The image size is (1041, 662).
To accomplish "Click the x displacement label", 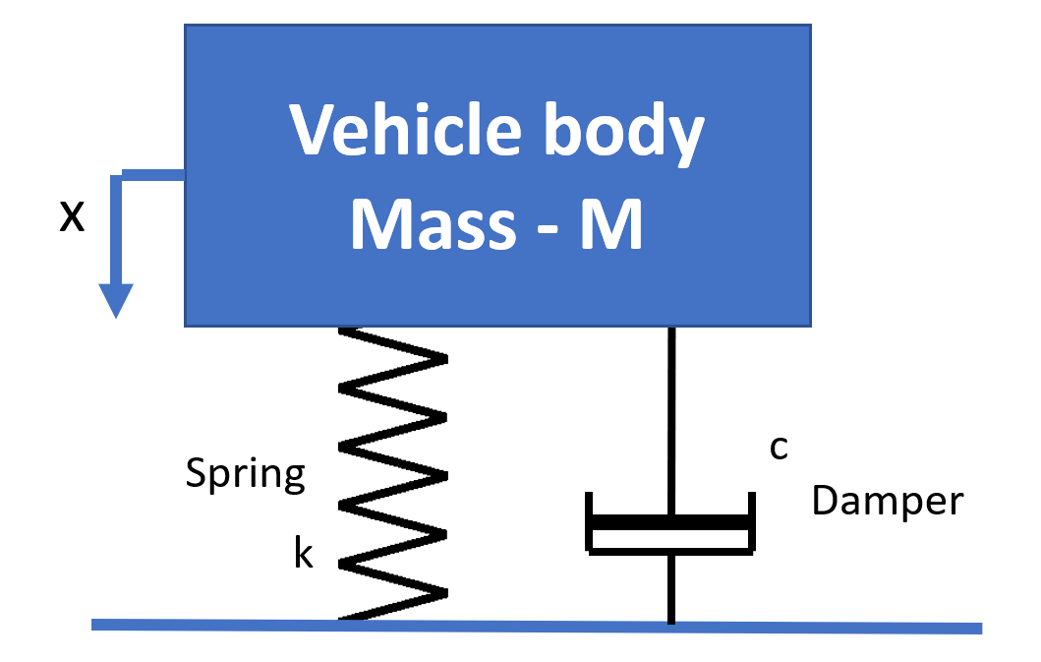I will [x=72, y=215].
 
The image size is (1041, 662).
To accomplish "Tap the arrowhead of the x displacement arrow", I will [x=116, y=300].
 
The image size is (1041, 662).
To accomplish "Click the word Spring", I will [x=246, y=475].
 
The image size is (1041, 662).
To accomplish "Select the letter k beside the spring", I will [x=303, y=555].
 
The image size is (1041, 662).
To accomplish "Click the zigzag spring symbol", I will [x=393, y=472].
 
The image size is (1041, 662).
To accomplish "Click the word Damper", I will [x=888, y=501].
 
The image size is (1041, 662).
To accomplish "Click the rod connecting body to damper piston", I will [x=672, y=413].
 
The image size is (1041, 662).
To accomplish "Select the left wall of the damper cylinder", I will [x=590, y=521].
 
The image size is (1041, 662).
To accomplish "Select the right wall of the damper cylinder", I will [x=752, y=521].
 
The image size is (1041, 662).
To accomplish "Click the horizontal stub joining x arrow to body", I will [x=152, y=175].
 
